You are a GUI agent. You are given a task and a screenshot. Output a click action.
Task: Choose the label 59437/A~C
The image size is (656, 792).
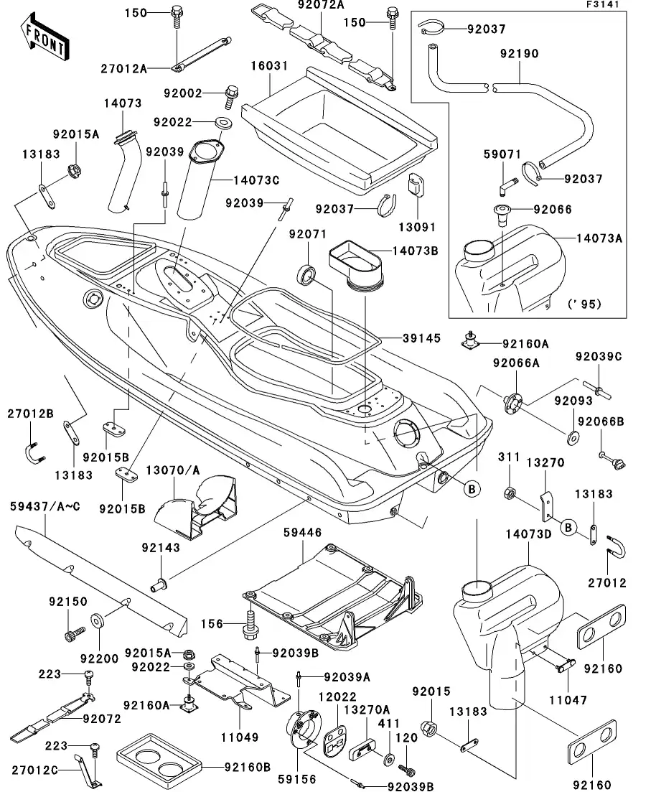45,507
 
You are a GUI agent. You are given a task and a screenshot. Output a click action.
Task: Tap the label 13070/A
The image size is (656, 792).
174,470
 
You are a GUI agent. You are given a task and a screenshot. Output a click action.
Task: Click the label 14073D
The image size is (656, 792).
530,534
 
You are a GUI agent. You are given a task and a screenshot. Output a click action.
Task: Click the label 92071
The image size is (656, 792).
308,235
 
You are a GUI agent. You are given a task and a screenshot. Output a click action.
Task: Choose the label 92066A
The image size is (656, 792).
516,363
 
